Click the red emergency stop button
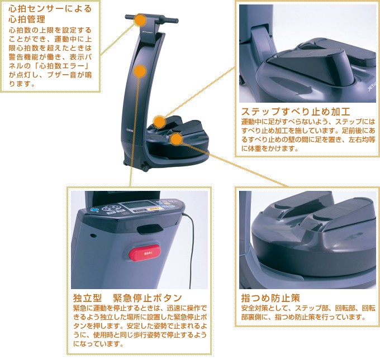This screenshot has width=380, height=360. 144,252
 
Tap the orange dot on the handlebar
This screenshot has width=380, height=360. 140,20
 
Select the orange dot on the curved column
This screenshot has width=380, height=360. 140,71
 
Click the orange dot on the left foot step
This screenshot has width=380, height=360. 159,122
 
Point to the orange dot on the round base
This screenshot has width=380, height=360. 176,139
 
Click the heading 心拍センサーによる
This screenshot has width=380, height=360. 50,9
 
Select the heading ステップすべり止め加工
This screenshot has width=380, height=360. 296,112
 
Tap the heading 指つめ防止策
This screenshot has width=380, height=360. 270,298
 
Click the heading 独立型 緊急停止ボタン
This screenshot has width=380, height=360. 128,298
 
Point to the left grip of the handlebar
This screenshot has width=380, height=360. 130,17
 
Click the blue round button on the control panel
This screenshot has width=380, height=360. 94,210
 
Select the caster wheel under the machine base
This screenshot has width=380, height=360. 145,168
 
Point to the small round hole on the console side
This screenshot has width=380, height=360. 93,236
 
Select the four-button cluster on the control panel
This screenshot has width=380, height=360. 111,208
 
